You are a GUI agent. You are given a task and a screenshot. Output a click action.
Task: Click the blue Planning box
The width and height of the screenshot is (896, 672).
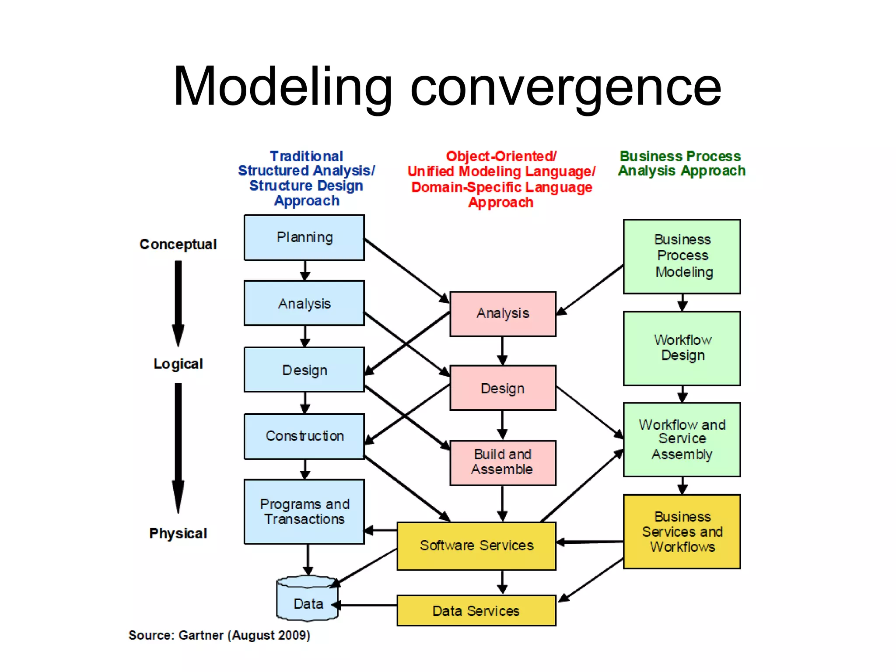point(304,238)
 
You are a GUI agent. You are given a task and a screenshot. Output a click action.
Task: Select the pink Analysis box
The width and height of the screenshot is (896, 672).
point(503,314)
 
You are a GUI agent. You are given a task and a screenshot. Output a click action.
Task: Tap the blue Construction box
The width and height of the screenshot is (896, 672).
point(304,436)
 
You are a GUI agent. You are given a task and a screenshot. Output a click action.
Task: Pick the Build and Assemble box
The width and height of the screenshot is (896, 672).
point(503,462)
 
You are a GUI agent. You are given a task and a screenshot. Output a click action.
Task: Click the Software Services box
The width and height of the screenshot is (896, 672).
point(476,546)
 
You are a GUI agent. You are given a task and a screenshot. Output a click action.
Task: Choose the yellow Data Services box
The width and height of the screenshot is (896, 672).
point(476,611)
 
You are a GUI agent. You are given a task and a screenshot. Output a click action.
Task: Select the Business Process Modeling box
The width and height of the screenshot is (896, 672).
point(682,256)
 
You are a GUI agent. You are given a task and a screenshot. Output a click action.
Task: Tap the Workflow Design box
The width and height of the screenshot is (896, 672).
point(682,348)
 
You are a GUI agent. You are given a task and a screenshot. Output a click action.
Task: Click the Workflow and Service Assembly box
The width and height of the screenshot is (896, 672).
point(682,439)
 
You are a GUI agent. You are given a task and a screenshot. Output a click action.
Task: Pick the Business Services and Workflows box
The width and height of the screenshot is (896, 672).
point(682,532)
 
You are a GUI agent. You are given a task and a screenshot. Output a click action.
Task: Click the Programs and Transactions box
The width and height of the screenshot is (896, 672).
point(304,511)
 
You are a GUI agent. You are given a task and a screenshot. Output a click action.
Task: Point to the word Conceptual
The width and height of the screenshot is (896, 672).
point(178,244)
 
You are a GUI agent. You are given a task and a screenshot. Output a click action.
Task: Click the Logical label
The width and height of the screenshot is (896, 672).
point(178,364)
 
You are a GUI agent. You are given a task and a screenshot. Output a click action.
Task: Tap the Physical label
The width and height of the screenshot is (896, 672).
point(178,533)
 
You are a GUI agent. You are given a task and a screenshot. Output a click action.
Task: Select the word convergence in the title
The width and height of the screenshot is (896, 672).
point(565,87)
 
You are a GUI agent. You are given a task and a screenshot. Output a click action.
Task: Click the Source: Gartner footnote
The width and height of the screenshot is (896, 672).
point(219,635)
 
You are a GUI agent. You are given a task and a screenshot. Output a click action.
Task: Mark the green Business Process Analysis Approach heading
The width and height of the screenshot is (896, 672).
point(681,164)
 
